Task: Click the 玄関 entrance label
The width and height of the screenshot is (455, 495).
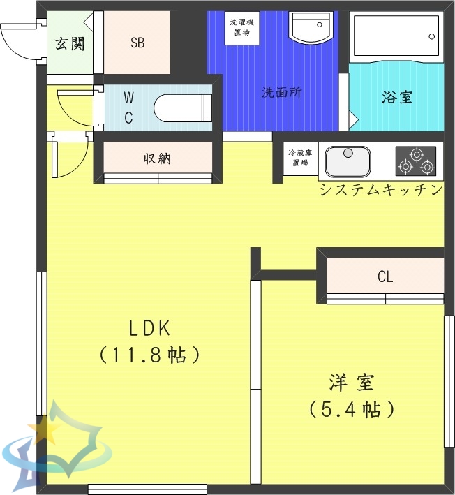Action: (x=70, y=43)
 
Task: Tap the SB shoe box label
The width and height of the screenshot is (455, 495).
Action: (x=137, y=43)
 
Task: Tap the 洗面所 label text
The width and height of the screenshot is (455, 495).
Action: (x=281, y=92)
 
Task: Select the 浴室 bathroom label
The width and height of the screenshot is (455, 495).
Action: (x=396, y=97)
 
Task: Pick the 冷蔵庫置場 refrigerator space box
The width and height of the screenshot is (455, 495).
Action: (x=300, y=158)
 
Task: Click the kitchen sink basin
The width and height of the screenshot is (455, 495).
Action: (x=348, y=161)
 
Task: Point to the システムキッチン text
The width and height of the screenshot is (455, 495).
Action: (x=380, y=190)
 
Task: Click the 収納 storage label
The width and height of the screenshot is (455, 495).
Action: (x=157, y=158)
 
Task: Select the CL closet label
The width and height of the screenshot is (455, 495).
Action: (x=385, y=277)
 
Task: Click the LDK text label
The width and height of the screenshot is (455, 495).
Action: (x=149, y=327)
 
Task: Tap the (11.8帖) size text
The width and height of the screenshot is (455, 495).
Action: (x=149, y=355)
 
